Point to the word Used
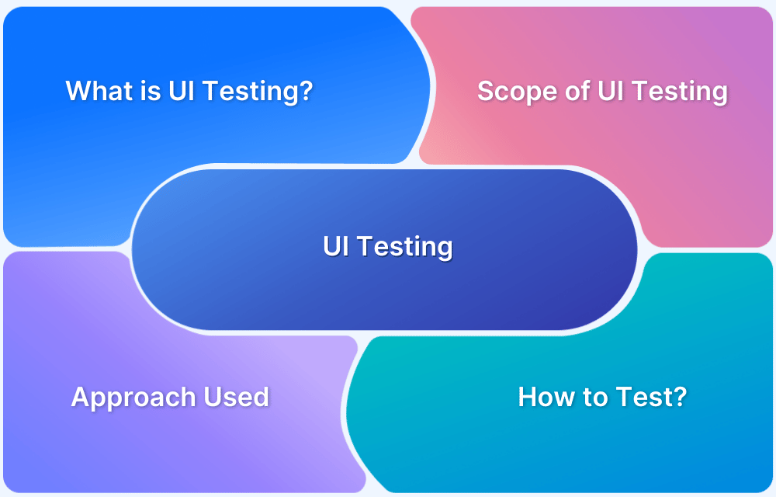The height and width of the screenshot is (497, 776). pos(236,397)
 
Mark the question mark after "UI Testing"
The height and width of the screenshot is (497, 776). pos(307,91)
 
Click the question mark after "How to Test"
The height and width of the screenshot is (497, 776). pos(681,397)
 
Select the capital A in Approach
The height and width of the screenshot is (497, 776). pos(81,397)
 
